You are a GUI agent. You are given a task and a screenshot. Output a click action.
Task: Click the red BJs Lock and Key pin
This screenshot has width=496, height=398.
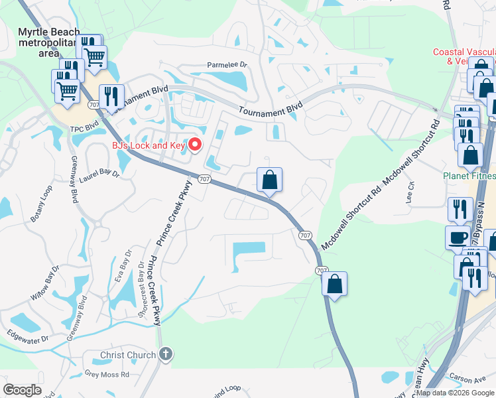pyautogui.click(x=195, y=144)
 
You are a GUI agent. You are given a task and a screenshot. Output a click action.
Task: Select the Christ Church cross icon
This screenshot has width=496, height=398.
pyautogui.click(x=166, y=355)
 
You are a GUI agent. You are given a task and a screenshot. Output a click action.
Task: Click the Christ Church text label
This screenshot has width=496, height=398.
pyautogui.click(x=128, y=356)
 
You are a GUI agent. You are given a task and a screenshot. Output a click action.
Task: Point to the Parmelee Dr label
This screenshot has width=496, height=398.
pyautogui.click(x=227, y=66)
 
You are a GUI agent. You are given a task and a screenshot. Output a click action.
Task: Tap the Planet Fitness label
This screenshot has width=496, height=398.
pyautogui.click(x=469, y=176)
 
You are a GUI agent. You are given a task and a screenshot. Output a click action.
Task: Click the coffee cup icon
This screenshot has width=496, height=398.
pyautogui.click(x=457, y=237)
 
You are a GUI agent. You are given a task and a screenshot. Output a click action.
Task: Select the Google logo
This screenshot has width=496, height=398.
pyautogui.click(x=23, y=389)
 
